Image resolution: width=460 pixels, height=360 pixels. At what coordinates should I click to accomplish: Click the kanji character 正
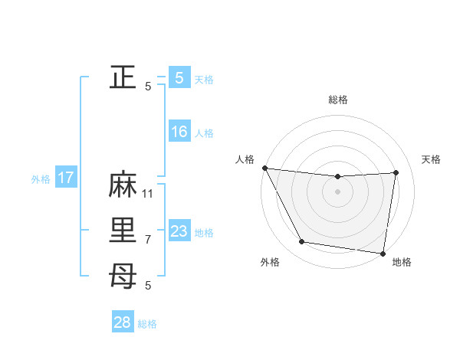[x=123, y=77]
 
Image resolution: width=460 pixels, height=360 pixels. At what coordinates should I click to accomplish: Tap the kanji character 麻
[x=123, y=186]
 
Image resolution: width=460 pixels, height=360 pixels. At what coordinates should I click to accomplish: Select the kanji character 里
[x=123, y=231]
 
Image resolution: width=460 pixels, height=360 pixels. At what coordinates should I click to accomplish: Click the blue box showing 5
[x=179, y=77]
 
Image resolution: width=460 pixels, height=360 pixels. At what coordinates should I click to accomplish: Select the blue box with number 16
[x=179, y=132]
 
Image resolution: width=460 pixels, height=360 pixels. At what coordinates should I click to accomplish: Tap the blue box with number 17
[x=65, y=178]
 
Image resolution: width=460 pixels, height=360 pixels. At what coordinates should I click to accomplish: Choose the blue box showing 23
[x=179, y=231]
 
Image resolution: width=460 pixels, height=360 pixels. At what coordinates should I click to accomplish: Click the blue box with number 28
[x=123, y=322]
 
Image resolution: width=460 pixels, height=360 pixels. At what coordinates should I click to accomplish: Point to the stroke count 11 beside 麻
[x=148, y=193]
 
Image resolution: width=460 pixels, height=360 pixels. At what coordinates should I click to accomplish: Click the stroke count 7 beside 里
[x=148, y=239]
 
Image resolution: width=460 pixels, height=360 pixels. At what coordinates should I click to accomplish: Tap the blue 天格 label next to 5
[x=204, y=79]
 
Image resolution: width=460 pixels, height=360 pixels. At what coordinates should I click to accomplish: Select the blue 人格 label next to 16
[x=204, y=133]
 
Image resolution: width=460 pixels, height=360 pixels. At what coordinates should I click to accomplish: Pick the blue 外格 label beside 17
[x=41, y=179]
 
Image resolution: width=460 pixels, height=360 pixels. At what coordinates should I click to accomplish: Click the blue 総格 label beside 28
[x=147, y=324]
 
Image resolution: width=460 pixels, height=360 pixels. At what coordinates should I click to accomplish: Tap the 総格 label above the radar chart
[x=337, y=100]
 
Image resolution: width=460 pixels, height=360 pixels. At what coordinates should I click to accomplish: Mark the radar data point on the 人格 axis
[x=264, y=168]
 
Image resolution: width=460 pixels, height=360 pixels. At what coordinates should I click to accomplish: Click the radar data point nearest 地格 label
[x=383, y=253]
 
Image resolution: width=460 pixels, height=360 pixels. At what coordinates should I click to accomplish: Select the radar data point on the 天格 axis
[x=396, y=172]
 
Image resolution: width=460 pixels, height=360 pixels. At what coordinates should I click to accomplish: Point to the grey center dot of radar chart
[x=337, y=191]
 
